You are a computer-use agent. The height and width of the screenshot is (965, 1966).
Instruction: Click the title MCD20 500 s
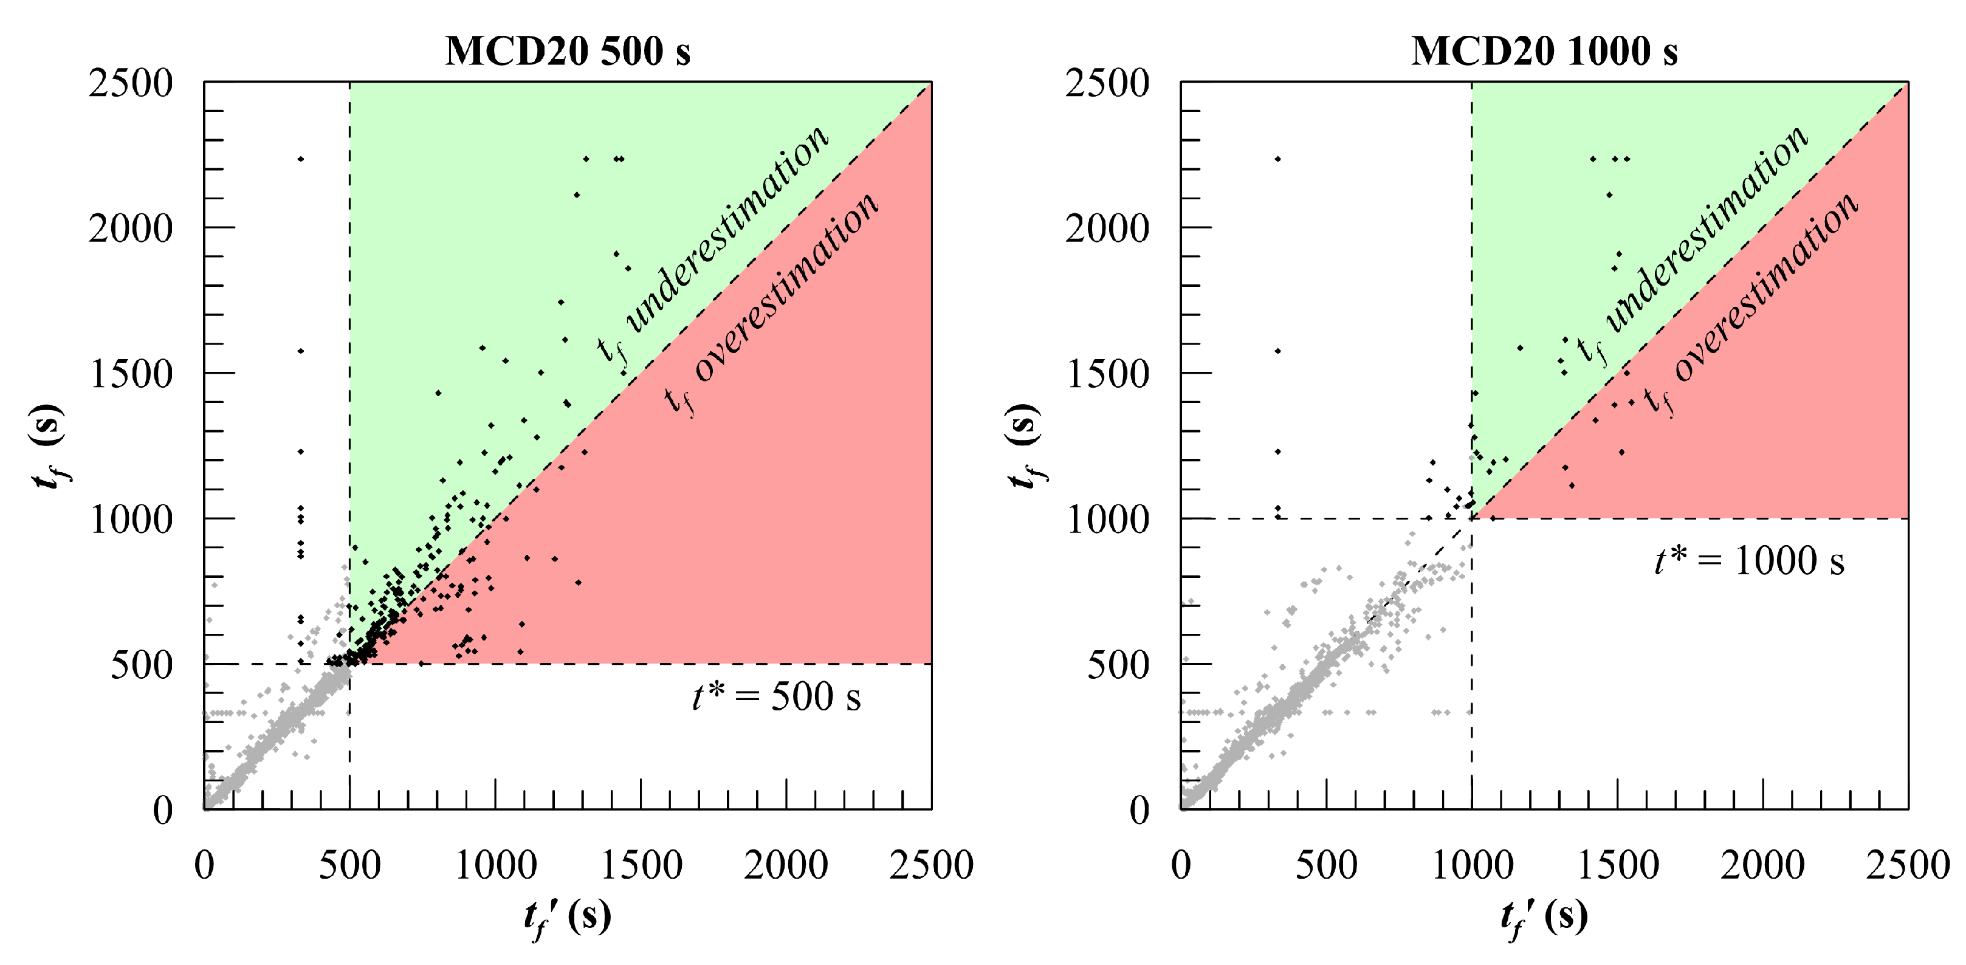pyautogui.click(x=567, y=52)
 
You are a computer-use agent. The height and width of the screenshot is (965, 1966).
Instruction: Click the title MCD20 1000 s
pyautogui.click(x=1544, y=52)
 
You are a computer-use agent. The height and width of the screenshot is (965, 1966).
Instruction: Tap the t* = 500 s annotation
pyautogui.click(x=776, y=696)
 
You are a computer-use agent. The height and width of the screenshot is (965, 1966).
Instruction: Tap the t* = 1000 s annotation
pyautogui.click(x=1749, y=561)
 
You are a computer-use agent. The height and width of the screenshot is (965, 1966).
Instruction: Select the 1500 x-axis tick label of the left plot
pyautogui.click(x=641, y=866)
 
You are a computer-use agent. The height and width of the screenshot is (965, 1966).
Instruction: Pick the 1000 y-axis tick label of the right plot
pyautogui.click(x=1107, y=520)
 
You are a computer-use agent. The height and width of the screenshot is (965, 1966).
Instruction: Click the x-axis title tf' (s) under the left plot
pyautogui.click(x=567, y=917)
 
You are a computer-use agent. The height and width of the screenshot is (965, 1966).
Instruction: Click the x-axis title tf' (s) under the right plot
pyautogui.click(x=1544, y=917)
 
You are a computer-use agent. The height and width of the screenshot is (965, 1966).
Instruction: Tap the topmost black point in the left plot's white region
pyautogui.click(x=301, y=159)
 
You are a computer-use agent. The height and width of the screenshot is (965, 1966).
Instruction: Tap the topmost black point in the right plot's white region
pyautogui.click(x=1277, y=159)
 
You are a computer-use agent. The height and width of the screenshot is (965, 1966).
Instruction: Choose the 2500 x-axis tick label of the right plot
pyautogui.click(x=1907, y=866)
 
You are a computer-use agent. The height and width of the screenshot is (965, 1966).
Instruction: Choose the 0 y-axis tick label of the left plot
pyautogui.click(x=162, y=810)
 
